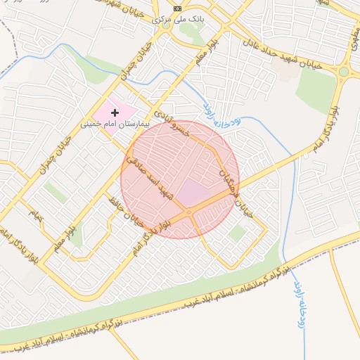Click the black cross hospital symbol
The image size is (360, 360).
115,112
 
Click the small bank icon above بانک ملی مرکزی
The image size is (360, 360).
177,8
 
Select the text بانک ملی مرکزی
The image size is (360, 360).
178,20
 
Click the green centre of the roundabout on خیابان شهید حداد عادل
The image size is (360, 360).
343,72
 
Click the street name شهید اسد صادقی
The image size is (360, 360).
149,176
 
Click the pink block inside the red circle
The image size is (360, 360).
193,192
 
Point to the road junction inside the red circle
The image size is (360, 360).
188,212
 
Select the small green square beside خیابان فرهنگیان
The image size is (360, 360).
238,232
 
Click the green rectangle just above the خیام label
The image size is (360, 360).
55,192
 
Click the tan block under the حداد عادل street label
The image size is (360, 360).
288,70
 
